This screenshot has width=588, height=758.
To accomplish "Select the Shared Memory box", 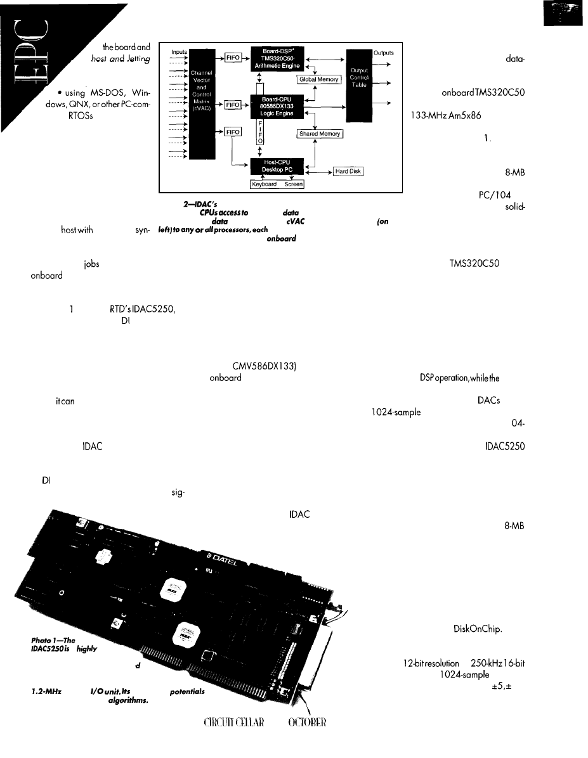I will [320, 134].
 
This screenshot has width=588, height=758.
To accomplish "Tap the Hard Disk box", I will [348, 171].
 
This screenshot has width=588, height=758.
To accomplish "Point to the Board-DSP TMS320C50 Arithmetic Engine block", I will [277, 55].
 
